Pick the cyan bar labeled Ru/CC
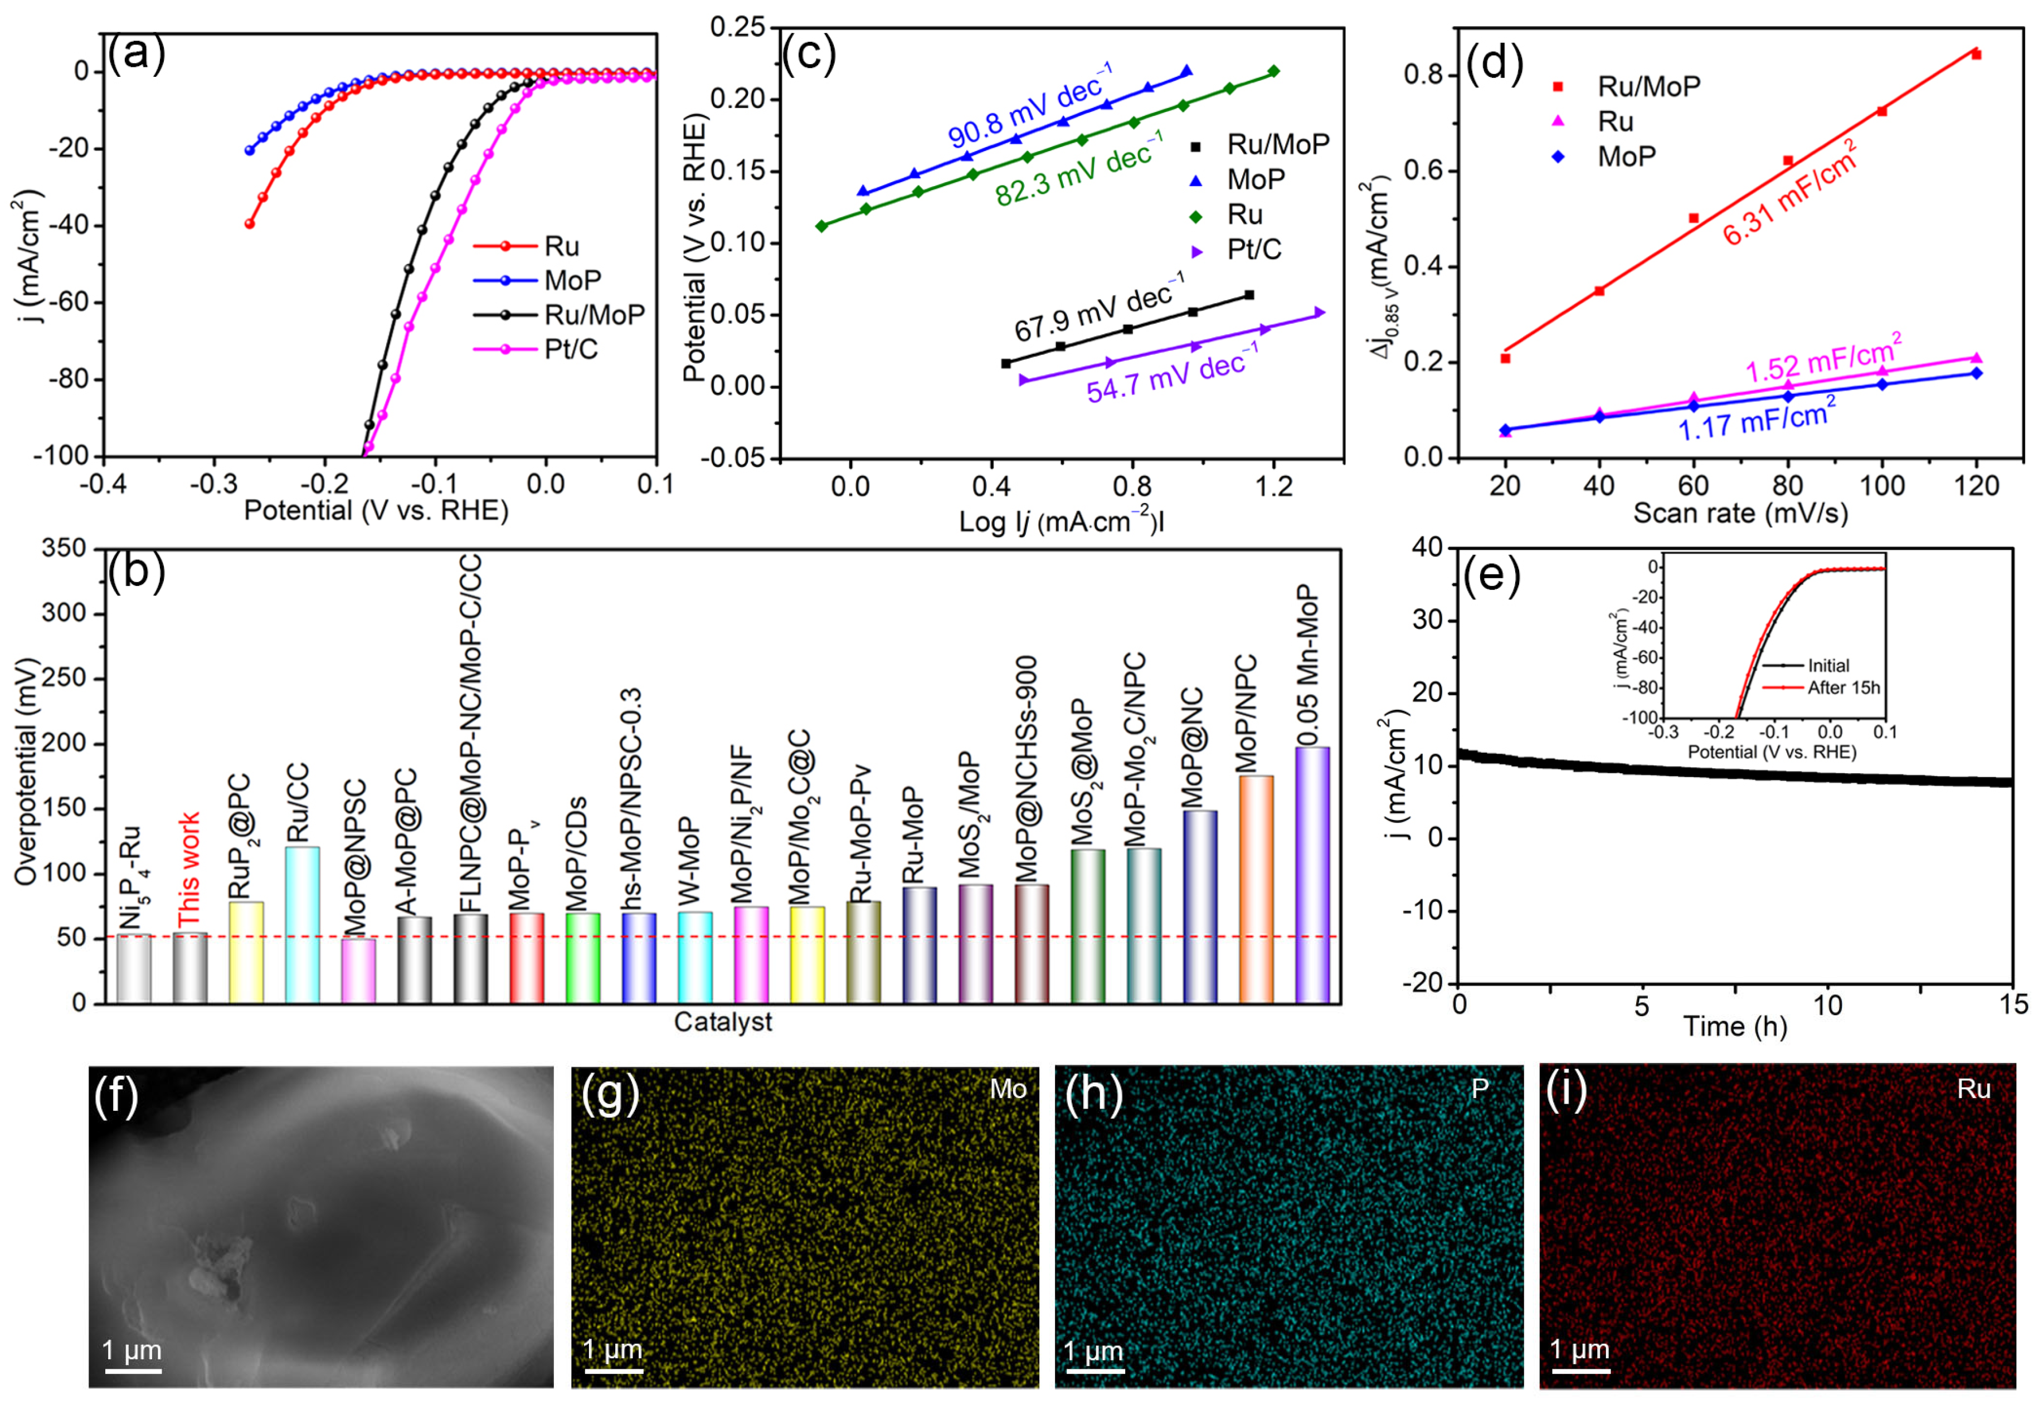[x=302, y=923]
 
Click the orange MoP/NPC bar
[x=1255, y=888]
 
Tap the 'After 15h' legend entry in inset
[x=1843, y=687]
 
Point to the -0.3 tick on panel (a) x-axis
[x=214, y=484]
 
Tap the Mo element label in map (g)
[x=1008, y=1089]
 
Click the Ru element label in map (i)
[x=1973, y=1089]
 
